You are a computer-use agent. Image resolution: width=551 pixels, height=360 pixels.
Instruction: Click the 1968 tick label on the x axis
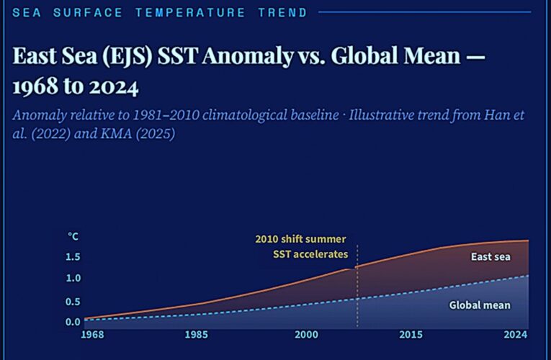92,335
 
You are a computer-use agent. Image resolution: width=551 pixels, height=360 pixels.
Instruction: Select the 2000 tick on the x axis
306,335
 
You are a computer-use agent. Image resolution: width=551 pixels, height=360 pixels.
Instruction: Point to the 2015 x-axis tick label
411,335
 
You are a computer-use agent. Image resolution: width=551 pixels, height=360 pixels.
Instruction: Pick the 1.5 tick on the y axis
73,257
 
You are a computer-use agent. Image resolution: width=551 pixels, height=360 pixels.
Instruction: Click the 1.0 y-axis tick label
73,279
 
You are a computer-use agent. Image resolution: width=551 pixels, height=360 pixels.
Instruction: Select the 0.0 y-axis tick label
73,322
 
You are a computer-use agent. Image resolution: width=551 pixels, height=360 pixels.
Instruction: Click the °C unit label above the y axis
73,235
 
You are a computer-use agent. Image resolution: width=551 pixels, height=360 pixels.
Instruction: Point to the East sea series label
490,257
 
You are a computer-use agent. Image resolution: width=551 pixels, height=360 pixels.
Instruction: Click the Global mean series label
480,305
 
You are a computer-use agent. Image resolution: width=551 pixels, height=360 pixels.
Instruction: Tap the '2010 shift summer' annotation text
300,239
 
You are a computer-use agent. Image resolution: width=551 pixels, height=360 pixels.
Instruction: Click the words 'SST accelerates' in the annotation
310,254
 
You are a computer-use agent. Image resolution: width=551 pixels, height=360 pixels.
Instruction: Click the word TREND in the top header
282,12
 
